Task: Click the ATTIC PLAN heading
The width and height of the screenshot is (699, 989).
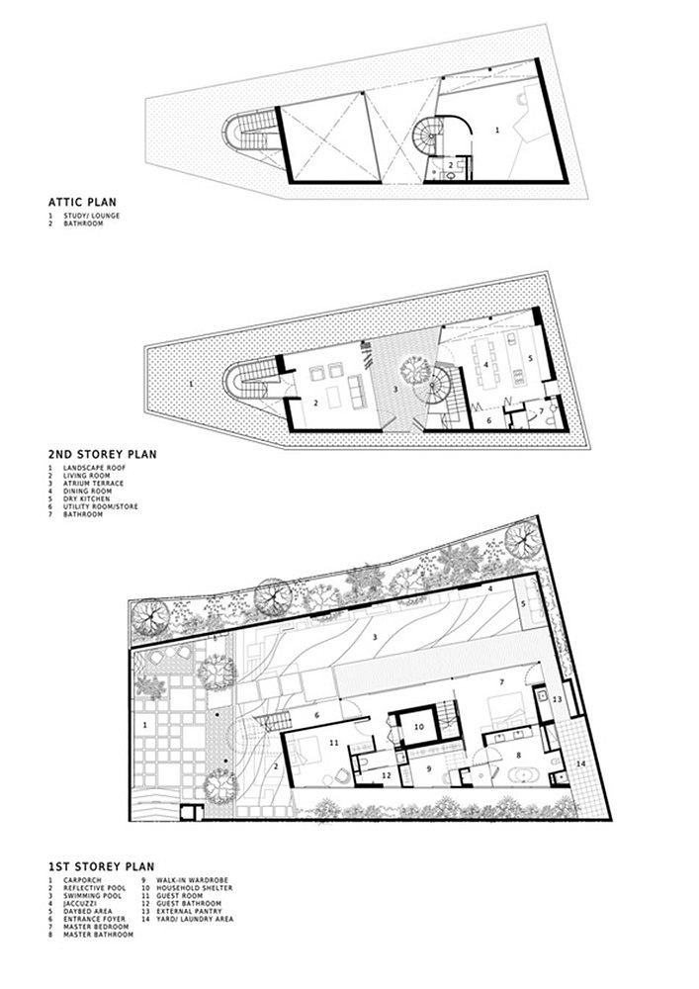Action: (83, 203)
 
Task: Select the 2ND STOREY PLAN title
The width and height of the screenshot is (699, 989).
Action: (103, 454)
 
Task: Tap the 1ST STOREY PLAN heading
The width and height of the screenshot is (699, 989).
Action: (102, 866)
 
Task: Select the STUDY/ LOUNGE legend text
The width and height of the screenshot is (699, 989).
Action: (91, 216)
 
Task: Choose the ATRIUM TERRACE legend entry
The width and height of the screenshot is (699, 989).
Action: (93, 484)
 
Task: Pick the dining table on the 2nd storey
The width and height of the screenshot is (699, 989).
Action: (486, 365)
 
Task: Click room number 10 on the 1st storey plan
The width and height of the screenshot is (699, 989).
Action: (418, 727)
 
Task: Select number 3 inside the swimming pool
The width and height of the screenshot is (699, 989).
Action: (375, 637)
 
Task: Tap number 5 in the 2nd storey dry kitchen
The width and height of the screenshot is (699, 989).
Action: (530, 358)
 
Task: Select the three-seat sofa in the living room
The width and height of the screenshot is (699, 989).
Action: (356, 390)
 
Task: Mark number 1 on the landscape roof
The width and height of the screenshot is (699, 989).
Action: (191, 382)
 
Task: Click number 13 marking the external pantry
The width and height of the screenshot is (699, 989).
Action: (558, 699)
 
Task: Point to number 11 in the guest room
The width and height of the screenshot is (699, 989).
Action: (335, 743)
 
